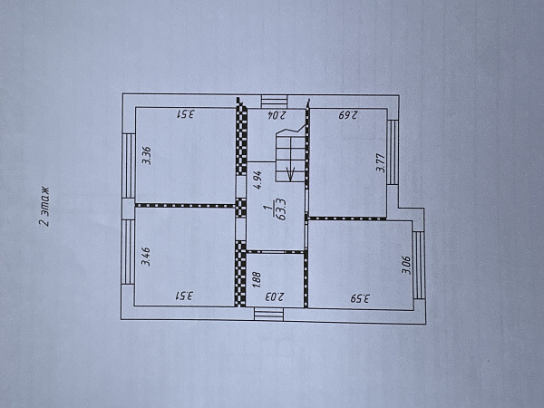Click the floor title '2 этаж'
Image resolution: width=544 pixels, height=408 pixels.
(x=44, y=207)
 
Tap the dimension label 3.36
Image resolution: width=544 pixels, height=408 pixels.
(x=147, y=155)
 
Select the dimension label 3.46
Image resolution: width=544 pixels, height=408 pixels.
(x=146, y=257)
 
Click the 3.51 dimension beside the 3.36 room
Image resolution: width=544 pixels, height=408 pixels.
(x=186, y=114)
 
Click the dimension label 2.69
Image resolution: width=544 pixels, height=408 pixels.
(x=348, y=115)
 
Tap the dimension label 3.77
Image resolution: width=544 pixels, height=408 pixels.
(x=381, y=162)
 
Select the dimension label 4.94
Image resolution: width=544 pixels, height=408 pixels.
(x=257, y=180)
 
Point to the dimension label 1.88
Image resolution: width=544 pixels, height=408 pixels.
(x=257, y=279)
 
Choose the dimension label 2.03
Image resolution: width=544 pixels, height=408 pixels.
(x=275, y=297)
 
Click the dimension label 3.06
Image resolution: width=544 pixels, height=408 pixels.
(x=406, y=265)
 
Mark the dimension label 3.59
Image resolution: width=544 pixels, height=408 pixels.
(x=360, y=298)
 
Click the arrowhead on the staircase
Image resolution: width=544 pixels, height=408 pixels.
(x=291, y=174)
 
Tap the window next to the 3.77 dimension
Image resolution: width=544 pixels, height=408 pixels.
(x=393, y=152)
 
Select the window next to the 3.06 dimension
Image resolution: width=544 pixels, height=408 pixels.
(x=419, y=266)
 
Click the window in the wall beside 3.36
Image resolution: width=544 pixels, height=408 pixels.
(x=129, y=166)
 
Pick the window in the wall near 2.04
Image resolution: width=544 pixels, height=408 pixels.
(x=274, y=102)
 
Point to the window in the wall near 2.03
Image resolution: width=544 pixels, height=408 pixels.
(x=269, y=314)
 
